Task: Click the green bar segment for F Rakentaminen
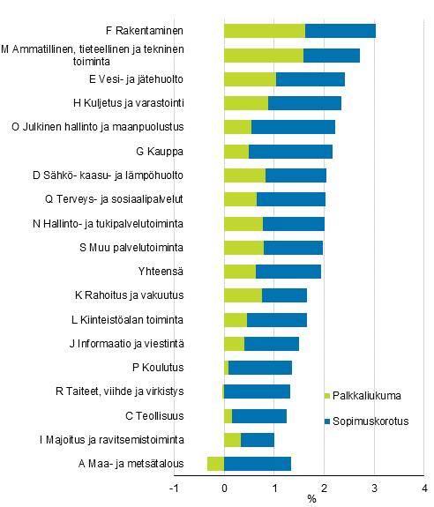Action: pyautogui.click(x=264, y=32)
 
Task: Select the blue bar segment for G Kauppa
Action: pyautogui.click(x=290, y=152)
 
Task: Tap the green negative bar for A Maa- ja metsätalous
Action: pyautogui.click(x=215, y=464)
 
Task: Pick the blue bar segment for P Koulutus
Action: pyautogui.click(x=260, y=368)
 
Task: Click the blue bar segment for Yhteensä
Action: pyautogui.click(x=288, y=272)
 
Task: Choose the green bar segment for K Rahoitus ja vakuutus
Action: pyautogui.click(x=243, y=295)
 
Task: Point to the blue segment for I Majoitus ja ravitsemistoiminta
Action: pyautogui.click(x=258, y=440)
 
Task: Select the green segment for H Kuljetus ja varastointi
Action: pyautogui.click(x=246, y=103)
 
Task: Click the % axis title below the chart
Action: pyautogui.click(x=311, y=500)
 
